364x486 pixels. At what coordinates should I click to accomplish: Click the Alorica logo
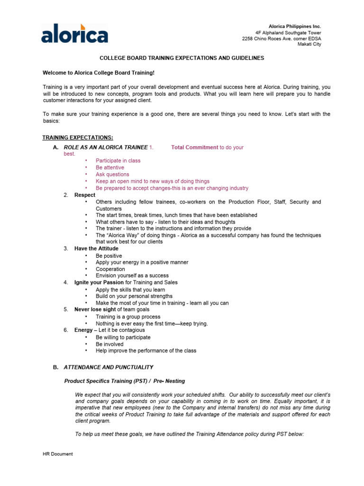pyautogui.click(x=74, y=33)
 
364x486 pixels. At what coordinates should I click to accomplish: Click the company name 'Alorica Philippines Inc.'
pyautogui.click(x=295, y=26)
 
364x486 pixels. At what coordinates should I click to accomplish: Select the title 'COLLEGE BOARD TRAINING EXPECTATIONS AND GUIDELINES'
pyautogui.click(x=182, y=58)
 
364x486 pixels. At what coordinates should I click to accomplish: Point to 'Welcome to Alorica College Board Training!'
pyautogui.click(x=99, y=73)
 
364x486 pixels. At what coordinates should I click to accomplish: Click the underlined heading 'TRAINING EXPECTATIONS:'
pyautogui.click(x=78, y=138)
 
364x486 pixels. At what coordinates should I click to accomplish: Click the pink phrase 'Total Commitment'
pyautogui.click(x=195, y=148)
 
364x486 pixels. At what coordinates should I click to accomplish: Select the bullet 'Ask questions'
pyautogui.click(x=112, y=174)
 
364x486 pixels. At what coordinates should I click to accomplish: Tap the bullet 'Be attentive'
pyautogui.click(x=110, y=168)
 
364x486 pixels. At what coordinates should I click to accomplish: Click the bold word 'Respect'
pyautogui.click(x=85, y=195)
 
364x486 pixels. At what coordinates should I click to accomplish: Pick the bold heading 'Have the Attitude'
pyautogui.click(x=96, y=249)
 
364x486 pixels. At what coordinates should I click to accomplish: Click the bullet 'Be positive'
pyautogui.click(x=109, y=256)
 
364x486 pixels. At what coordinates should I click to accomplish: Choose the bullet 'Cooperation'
pyautogui.click(x=110, y=269)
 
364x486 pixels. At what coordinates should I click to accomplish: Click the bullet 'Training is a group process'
pyautogui.click(x=128, y=317)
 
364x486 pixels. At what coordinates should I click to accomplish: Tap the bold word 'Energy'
pyautogui.click(x=83, y=330)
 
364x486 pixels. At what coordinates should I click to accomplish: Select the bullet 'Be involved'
pyautogui.click(x=109, y=344)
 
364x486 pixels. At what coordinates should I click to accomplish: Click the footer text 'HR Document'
pyautogui.click(x=58, y=454)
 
